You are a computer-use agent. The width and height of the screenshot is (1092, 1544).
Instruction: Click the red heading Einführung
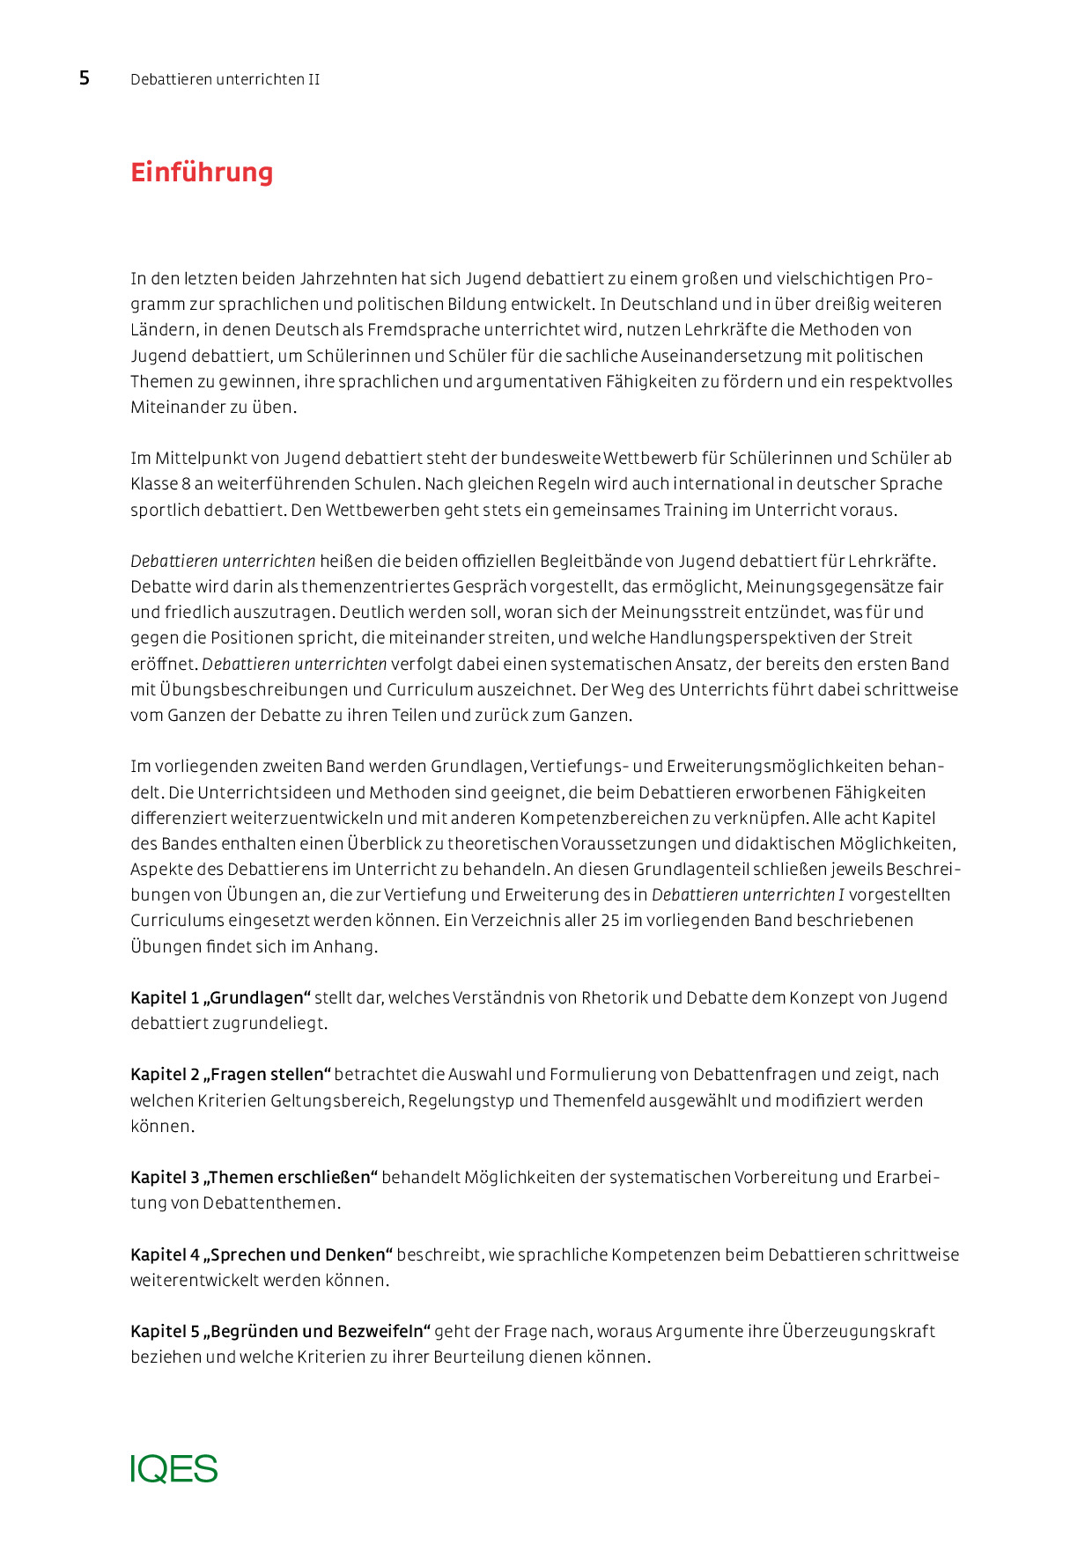tap(202, 172)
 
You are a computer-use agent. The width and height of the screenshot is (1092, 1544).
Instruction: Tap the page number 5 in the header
tap(85, 78)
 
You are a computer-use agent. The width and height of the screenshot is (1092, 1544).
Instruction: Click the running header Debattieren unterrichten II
tap(225, 79)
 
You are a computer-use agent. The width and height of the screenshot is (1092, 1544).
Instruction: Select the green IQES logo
tap(174, 1469)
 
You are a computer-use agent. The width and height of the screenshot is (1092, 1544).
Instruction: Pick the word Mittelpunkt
tap(201, 459)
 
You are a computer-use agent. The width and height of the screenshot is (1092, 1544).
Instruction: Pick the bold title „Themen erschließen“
tap(291, 1178)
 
